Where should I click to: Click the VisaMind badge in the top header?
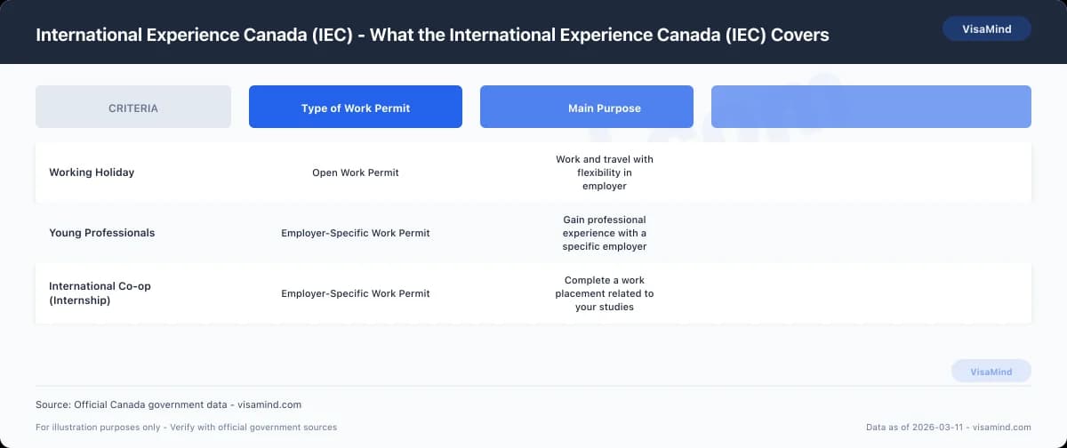[x=986, y=28]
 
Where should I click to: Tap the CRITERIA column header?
[x=133, y=108]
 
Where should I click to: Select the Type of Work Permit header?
[x=356, y=108]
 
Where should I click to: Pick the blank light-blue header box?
[x=871, y=108]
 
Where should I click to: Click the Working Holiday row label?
[x=92, y=172]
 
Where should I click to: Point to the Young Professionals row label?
[x=101, y=233]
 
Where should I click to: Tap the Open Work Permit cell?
[x=356, y=172]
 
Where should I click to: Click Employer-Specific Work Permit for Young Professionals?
[x=356, y=233]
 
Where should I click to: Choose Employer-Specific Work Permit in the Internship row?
[x=356, y=293]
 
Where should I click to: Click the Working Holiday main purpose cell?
[x=605, y=172]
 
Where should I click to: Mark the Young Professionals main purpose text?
[x=605, y=233]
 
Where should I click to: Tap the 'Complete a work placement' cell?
[x=605, y=293]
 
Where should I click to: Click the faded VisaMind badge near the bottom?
[x=991, y=372]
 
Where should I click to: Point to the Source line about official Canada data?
[x=168, y=404]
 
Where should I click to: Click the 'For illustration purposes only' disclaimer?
[x=186, y=428]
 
